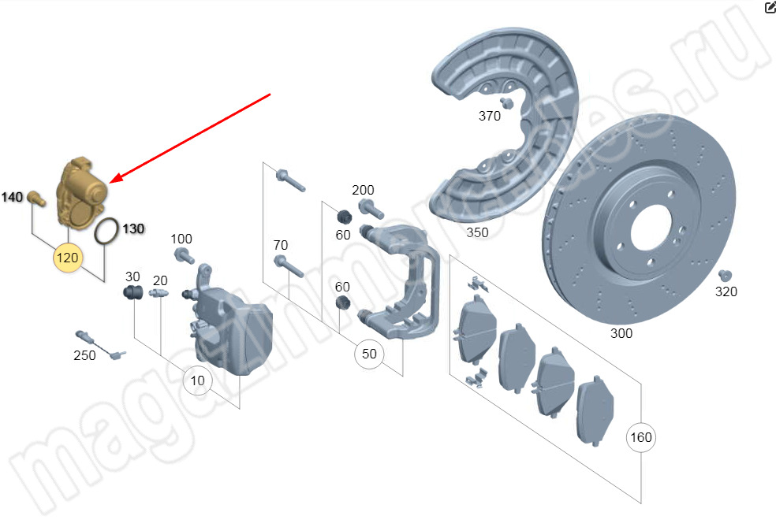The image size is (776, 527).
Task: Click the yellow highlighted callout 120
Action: (67, 258)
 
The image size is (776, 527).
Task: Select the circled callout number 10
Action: (197, 380)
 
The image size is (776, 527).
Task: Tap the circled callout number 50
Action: (369, 354)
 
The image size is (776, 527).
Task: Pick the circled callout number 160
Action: (641, 437)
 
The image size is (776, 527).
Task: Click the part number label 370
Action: (490, 116)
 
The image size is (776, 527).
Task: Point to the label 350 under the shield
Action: (477, 232)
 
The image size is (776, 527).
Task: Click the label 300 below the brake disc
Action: (621, 333)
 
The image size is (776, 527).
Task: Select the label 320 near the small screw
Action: (726, 291)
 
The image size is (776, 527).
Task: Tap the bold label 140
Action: (12, 197)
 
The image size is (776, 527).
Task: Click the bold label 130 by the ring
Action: (133, 229)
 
